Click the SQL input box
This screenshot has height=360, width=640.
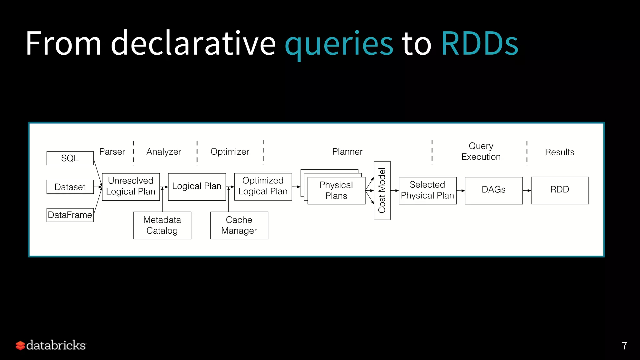(70, 158)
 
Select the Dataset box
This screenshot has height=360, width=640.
(70, 187)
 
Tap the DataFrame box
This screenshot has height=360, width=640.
(70, 215)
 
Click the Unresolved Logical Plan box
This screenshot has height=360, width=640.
(131, 187)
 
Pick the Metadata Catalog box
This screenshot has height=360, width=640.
(162, 225)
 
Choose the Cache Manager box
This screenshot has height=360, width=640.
(239, 225)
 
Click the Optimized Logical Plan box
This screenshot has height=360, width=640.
(263, 187)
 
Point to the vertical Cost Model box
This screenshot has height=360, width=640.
(382, 190)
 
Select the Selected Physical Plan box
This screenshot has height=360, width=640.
(427, 190)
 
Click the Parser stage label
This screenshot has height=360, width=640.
(112, 152)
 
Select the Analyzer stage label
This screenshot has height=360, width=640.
(164, 152)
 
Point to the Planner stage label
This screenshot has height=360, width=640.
(347, 152)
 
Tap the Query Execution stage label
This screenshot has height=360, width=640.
(481, 151)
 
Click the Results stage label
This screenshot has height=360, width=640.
(560, 152)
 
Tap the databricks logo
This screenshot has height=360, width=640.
(51, 345)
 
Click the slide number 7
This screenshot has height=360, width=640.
(624, 346)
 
